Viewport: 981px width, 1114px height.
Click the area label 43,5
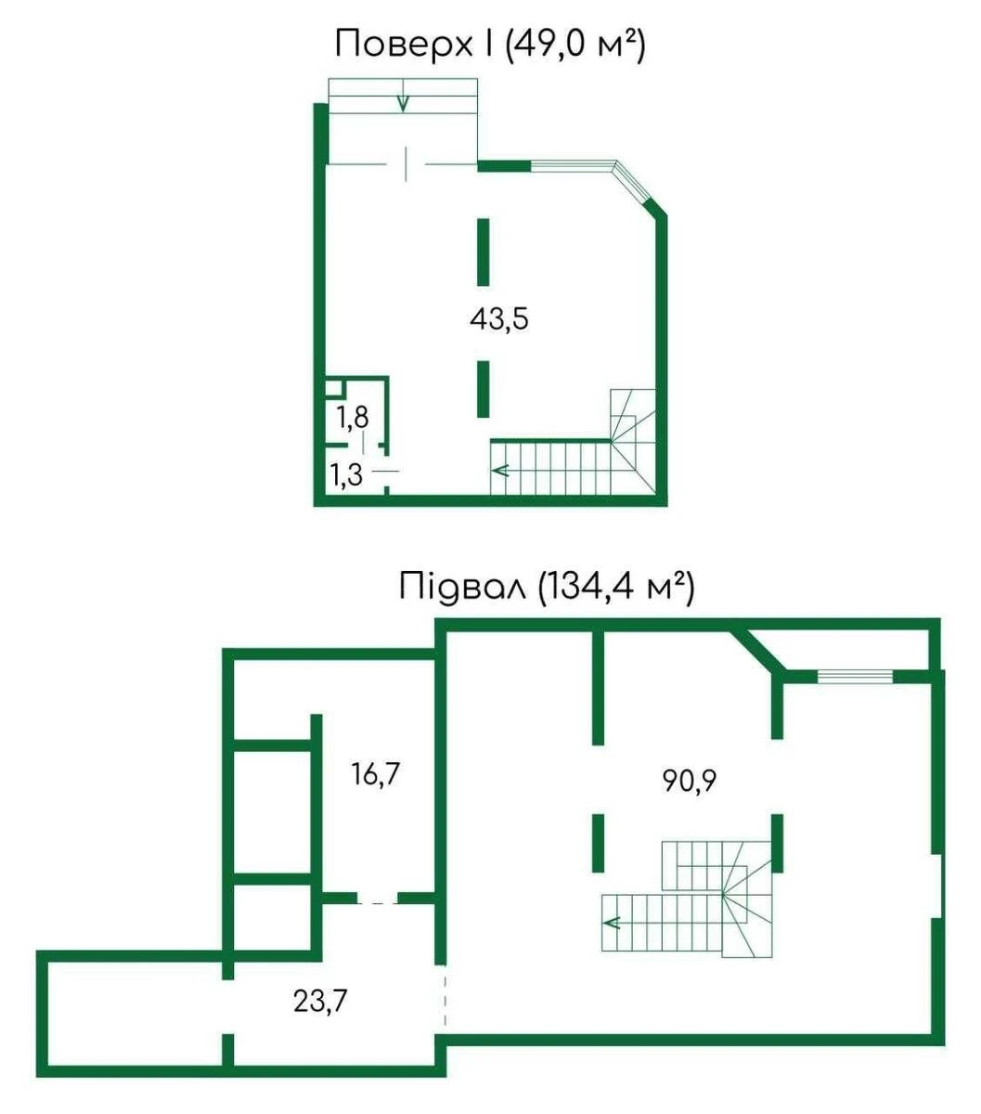click(x=498, y=319)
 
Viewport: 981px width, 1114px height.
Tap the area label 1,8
click(x=353, y=418)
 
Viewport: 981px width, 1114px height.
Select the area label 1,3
click(x=346, y=475)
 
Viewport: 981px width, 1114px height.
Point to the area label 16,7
click(x=374, y=774)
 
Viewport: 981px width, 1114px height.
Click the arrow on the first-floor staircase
click(x=500, y=471)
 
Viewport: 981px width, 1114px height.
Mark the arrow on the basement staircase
click(x=612, y=922)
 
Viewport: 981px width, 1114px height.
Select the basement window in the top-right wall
click(x=855, y=677)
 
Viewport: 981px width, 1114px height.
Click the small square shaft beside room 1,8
click(x=333, y=388)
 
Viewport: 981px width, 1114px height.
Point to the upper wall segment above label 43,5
click(x=483, y=252)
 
